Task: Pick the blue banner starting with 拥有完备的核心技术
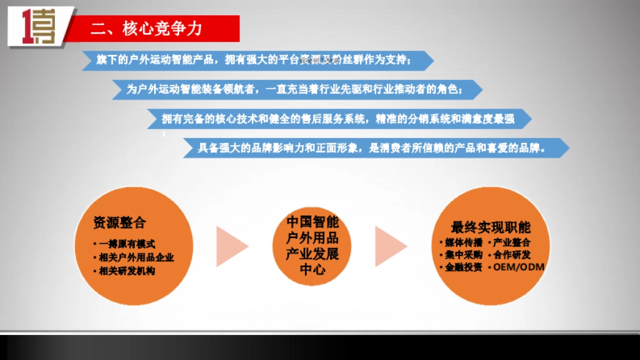pos(338,119)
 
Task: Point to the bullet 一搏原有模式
pos(126,244)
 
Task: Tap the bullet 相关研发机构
pos(127,271)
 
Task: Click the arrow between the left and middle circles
pos(231,246)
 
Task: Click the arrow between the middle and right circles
pos(390,246)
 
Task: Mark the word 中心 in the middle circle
pos(313,269)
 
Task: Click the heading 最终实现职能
pos(491,227)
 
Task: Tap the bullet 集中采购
pos(463,254)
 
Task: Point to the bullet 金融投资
pos(463,267)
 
